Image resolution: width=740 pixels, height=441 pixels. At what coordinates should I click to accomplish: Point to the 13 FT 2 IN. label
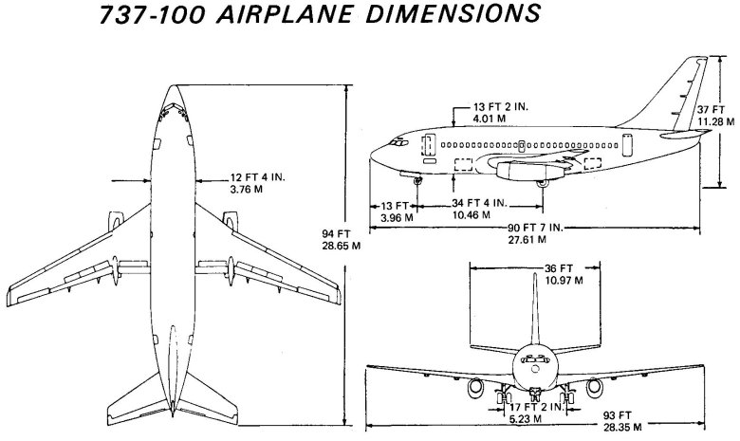503,108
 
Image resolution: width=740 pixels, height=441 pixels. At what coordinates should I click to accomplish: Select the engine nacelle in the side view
518,172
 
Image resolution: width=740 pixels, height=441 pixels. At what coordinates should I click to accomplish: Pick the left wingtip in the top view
11,287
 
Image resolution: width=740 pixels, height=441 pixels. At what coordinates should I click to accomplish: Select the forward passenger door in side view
428,147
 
